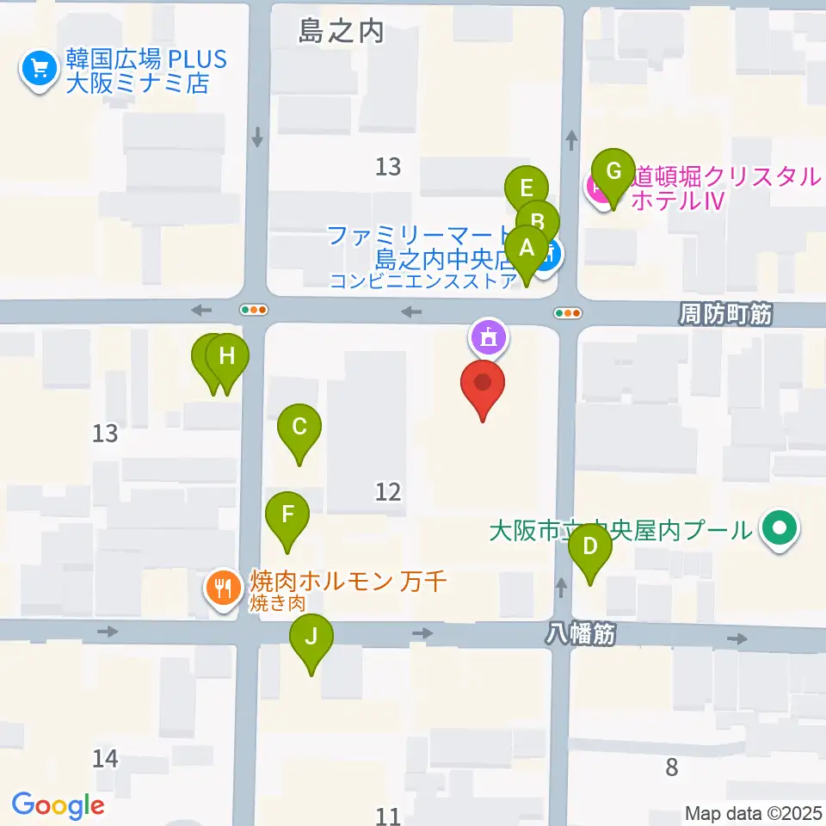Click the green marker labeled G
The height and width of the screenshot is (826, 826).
613,171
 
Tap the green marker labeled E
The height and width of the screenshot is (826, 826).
527,187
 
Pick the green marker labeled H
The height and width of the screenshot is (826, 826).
226,355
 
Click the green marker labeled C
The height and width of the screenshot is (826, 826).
299,427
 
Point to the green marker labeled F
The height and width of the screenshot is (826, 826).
287,515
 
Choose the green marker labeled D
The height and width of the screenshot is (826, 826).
590,546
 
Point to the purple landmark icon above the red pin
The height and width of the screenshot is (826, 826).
489,337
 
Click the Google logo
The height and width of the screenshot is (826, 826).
59,804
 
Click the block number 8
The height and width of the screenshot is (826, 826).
672,767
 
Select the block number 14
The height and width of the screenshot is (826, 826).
105,758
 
